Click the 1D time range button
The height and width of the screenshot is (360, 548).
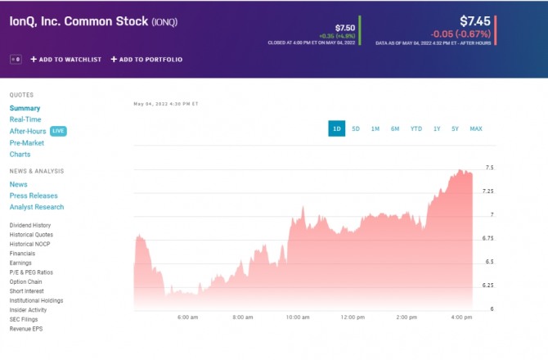[x=337, y=128]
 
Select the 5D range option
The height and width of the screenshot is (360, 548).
[x=356, y=128]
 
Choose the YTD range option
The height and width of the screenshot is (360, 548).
[x=416, y=128]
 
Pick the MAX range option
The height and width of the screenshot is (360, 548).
[x=476, y=128]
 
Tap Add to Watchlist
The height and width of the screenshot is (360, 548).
[x=66, y=60]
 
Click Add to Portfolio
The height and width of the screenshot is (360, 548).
[x=146, y=60]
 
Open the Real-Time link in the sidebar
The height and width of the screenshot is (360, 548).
[x=25, y=119]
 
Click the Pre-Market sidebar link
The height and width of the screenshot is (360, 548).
[x=27, y=142]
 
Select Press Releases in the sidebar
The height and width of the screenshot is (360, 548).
[x=34, y=196]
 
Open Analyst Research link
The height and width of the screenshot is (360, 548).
[x=37, y=207]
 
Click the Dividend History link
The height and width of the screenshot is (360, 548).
[x=30, y=225]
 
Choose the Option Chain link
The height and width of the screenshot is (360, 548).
[x=26, y=281]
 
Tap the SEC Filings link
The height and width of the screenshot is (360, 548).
[x=25, y=319]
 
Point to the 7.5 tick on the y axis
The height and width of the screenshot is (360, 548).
[x=489, y=168]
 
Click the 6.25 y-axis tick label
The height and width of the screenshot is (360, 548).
[x=489, y=286]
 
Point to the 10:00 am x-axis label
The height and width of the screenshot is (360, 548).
[x=298, y=317]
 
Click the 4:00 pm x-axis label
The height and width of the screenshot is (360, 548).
[x=461, y=317]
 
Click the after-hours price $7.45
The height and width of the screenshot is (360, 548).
[x=474, y=20]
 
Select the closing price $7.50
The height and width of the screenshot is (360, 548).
[x=345, y=28]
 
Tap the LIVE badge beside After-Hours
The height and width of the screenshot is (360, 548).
[x=58, y=131]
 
